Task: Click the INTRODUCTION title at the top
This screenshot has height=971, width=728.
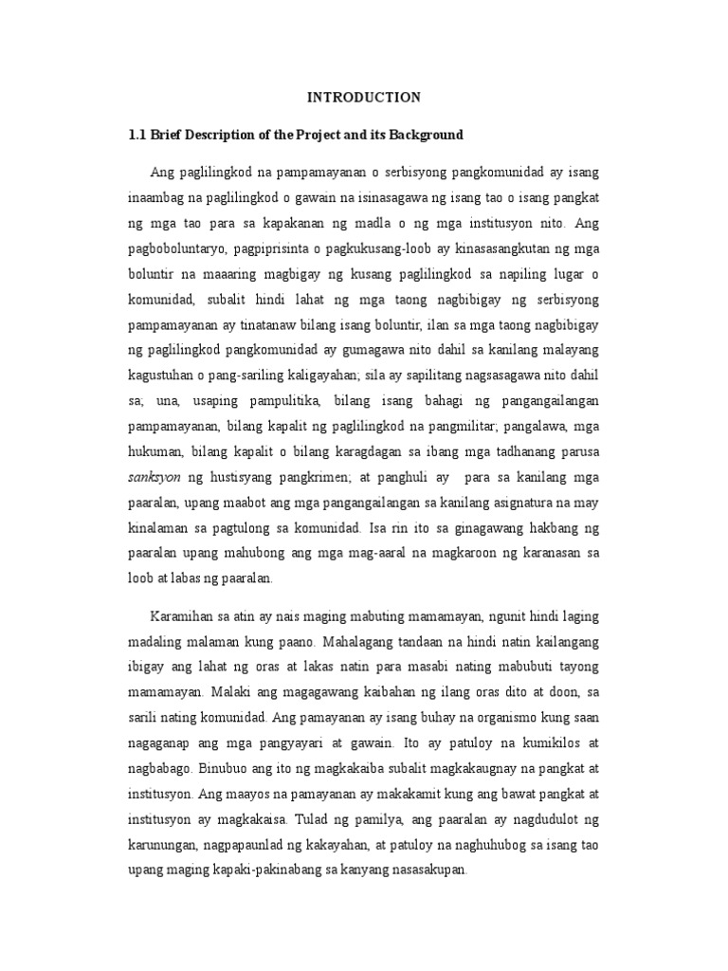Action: tap(364, 97)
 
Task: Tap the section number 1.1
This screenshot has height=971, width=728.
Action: tap(136, 135)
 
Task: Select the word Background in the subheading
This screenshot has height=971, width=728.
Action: tap(424, 135)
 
